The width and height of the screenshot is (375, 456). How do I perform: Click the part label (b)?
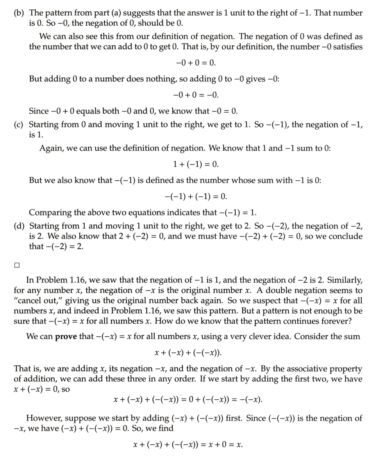point(19,13)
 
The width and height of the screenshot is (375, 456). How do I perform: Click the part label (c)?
point(19,125)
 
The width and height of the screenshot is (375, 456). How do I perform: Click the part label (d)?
point(19,226)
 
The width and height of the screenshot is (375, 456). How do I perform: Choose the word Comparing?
point(50,213)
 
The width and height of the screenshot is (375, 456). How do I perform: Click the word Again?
point(50,149)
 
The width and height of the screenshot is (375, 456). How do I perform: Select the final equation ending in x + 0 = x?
point(188,445)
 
